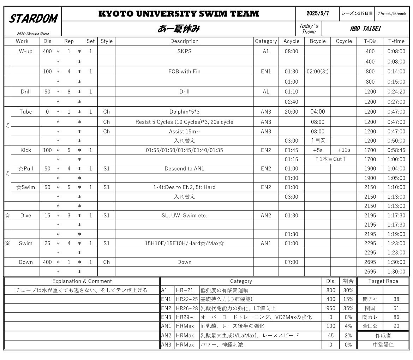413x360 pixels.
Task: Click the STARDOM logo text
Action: point(33,19)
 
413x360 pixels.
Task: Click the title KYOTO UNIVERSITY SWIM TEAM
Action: point(179,14)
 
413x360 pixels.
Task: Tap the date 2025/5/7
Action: point(317,13)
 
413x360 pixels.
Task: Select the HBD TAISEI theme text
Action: point(365,29)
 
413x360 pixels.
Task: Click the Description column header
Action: point(184,41)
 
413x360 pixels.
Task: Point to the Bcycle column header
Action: point(317,41)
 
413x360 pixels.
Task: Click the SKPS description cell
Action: point(184,52)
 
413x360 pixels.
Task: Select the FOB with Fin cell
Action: point(184,71)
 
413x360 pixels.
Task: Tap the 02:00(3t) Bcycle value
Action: point(317,71)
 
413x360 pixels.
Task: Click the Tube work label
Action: point(25,112)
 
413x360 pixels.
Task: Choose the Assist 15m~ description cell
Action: point(184,131)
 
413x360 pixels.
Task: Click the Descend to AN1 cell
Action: point(184,168)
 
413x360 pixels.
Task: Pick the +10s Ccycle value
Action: point(344,150)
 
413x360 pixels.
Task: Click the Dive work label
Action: point(25,215)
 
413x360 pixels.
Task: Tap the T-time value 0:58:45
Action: point(396,150)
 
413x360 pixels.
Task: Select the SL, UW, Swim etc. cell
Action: point(184,215)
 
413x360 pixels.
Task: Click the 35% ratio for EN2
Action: point(348,308)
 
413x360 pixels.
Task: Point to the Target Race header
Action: point(383,281)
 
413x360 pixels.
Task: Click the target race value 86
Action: point(396,317)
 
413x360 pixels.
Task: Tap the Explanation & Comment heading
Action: point(82,281)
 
